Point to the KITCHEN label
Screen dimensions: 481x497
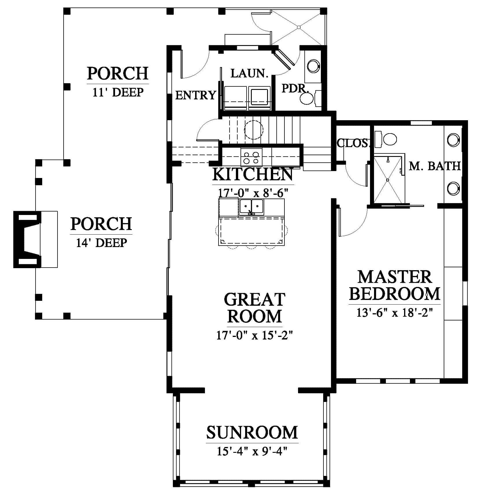click(x=253, y=174)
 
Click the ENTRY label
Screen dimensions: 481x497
click(x=196, y=95)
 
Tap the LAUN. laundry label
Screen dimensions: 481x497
click(x=249, y=73)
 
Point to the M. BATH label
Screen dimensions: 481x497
click(x=434, y=166)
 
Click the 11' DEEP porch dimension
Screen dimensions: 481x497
click(x=118, y=92)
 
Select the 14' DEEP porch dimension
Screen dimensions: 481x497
click(x=101, y=243)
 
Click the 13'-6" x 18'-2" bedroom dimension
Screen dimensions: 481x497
click(x=395, y=313)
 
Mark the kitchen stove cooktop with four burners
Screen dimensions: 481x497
click(x=251, y=157)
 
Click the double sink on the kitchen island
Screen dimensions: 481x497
click(x=251, y=207)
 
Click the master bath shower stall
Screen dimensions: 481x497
click(x=388, y=180)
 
